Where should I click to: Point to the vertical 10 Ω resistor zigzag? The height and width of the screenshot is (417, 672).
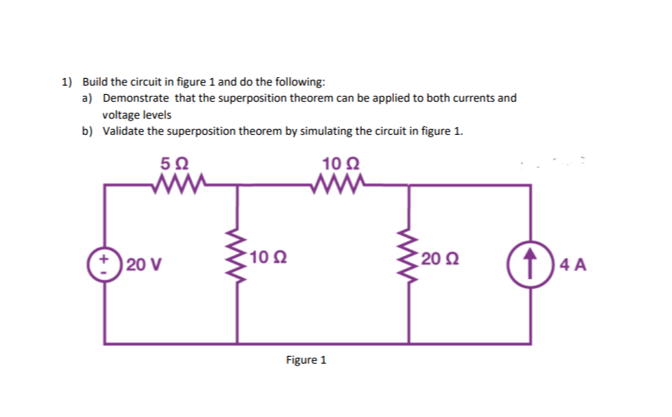(236, 259)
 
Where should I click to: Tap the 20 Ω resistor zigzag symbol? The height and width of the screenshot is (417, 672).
(410, 259)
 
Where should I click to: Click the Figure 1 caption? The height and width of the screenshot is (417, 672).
(306, 360)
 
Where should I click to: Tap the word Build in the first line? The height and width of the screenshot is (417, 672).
(93, 82)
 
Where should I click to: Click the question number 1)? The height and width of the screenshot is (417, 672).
(66, 82)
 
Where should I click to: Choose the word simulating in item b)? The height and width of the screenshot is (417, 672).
(325, 131)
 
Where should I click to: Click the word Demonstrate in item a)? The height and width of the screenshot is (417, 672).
(135, 98)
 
